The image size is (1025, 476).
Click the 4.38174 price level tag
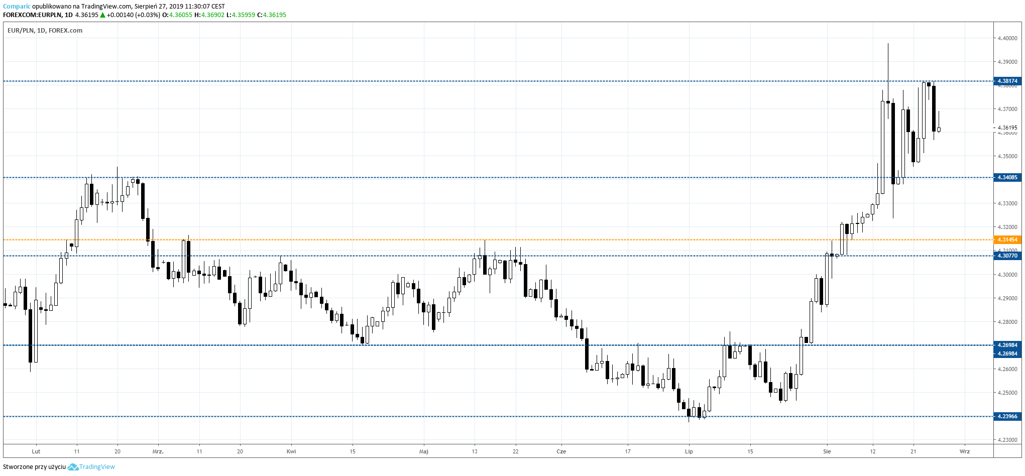coord(1007,81)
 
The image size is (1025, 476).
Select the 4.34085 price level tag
coord(1007,177)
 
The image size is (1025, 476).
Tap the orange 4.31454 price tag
coord(1007,240)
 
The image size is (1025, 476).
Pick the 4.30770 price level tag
coord(1007,256)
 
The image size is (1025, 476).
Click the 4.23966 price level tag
coord(1007,416)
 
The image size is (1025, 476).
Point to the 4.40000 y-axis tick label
coord(1007,38)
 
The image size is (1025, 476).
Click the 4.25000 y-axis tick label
coord(1007,393)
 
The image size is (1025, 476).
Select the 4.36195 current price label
coord(1007,128)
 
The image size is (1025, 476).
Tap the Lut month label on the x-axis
coord(36,451)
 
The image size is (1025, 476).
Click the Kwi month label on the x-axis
coord(291,451)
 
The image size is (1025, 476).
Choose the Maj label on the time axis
coord(424,451)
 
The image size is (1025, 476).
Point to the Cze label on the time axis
coord(561,451)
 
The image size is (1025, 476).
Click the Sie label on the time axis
coord(827,451)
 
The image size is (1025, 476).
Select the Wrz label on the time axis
coord(965,451)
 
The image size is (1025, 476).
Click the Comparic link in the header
coord(17,7)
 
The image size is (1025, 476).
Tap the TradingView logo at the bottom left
coord(91,467)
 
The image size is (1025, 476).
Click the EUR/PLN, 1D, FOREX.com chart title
coord(45,31)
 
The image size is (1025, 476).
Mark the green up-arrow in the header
coord(103,15)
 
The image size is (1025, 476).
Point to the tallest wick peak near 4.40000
coord(888,44)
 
